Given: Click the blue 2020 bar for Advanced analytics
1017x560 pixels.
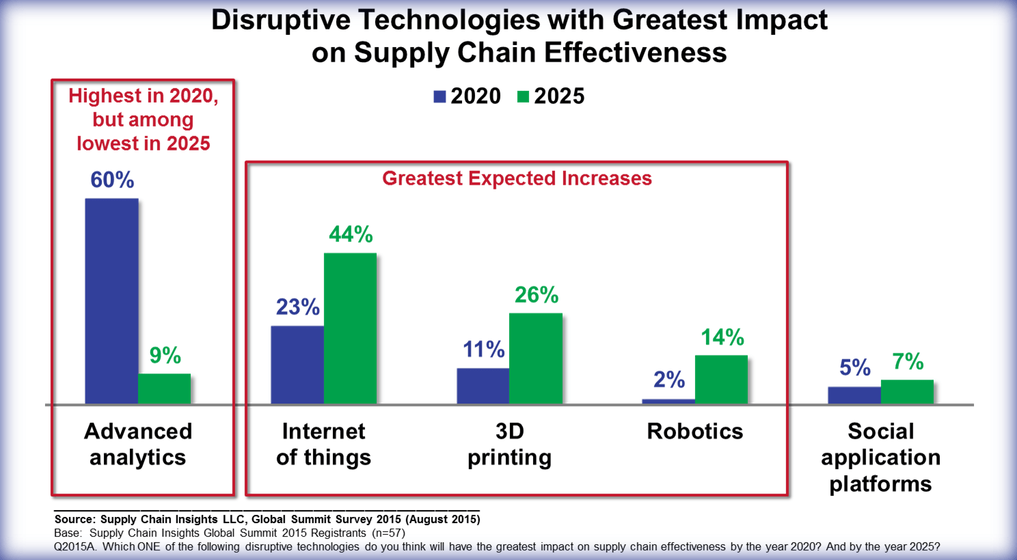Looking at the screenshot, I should click(111, 301).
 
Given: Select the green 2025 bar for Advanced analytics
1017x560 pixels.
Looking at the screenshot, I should click(164, 388).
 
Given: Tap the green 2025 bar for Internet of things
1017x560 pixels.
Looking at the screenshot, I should click(350, 328).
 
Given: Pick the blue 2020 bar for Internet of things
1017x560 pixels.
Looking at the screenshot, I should click(297, 364).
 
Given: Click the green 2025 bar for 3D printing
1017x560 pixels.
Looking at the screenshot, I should click(535, 358).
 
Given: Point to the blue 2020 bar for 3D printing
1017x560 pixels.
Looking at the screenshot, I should click(483, 386).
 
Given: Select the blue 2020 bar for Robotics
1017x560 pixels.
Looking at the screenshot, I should click(668, 401).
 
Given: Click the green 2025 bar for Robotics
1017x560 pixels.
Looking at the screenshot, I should click(721, 379).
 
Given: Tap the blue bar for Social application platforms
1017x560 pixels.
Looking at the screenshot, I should click(854, 395).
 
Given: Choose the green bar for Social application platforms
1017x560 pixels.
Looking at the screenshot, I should click(907, 391).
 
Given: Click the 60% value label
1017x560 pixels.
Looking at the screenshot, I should click(112, 180).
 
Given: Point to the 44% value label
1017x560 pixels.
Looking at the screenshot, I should click(351, 235).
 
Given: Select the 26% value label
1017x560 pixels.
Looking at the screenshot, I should click(537, 295).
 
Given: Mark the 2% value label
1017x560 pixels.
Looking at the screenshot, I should click(669, 379).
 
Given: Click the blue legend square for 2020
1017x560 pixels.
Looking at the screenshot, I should click(439, 96).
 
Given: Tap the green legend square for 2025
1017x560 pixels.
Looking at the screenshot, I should click(524, 96).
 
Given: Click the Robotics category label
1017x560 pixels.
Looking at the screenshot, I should click(694, 431).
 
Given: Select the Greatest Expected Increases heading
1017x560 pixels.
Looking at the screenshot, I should click(517, 178).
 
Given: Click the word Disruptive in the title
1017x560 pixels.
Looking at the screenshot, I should click(281, 20).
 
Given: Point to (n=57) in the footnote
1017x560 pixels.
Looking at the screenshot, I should click(388, 533).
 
